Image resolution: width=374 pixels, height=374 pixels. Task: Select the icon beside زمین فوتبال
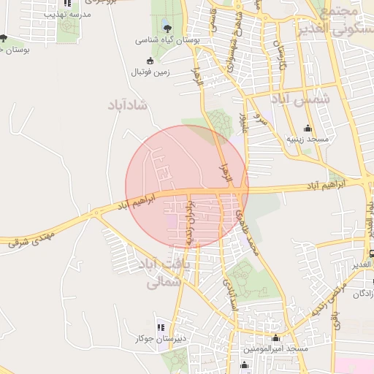(150, 61)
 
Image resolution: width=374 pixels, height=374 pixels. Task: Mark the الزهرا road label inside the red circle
(224, 173)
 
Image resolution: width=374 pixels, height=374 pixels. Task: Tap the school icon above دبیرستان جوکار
(161, 327)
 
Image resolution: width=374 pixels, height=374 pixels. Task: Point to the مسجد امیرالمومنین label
(275, 349)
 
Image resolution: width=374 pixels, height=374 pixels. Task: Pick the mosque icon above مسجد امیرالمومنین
(275, 337)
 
